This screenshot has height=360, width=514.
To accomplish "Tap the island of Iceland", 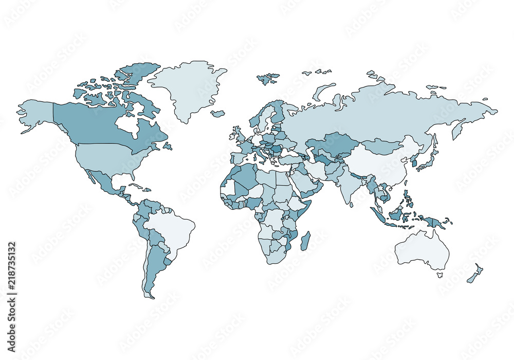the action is pyautogui.click(x=217, y=114).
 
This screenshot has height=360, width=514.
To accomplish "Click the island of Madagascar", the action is pyautogui.click(x=305, y=241).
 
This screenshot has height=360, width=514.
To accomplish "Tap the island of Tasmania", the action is pyautogui.click(x=440, y=275).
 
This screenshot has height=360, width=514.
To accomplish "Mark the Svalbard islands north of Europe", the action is pyautogui.click(x=268, y=79).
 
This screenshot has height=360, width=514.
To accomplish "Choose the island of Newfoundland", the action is pyautogui.click(x=167, y=147).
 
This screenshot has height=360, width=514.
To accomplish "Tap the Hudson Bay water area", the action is pyautogui.click(x=126, y=123).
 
